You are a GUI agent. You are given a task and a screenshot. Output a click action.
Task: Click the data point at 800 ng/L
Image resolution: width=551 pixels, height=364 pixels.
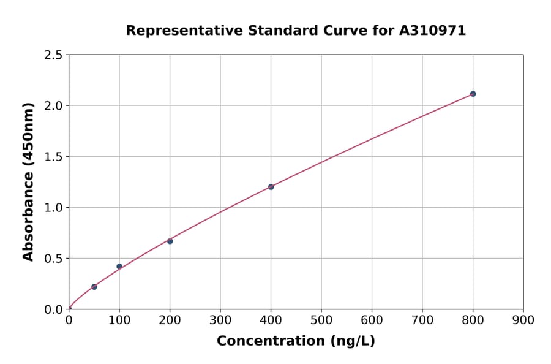point(473,94)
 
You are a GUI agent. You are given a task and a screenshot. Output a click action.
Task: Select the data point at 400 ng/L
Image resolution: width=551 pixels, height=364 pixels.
point(271,187)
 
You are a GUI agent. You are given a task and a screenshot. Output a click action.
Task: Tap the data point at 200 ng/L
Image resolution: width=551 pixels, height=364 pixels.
point(170,241)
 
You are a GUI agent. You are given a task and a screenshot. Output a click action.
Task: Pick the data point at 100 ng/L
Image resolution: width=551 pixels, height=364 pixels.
point(119,267)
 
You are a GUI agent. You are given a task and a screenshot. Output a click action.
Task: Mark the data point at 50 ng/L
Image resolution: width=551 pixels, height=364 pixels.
point(94,287)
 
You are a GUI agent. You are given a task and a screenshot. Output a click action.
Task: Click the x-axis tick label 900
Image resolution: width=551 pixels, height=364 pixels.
point(523,320)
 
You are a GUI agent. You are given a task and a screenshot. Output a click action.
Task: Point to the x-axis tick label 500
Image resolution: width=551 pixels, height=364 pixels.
point(321,320)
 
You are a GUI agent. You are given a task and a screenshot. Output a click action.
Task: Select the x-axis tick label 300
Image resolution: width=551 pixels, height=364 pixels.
point(220,320)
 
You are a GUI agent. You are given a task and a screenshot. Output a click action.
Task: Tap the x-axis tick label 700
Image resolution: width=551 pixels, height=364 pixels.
point(422,320)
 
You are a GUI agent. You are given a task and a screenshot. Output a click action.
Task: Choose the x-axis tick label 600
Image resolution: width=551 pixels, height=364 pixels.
point(372,320)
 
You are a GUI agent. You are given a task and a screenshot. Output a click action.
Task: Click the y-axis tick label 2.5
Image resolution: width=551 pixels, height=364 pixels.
point(53,55)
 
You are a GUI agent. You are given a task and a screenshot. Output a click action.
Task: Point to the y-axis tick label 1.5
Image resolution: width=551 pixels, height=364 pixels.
point(53,157)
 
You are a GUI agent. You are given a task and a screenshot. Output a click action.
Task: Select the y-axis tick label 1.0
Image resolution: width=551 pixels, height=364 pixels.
point(53,208)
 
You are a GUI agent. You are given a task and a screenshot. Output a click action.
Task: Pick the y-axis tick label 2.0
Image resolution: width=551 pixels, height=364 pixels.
point(53,106)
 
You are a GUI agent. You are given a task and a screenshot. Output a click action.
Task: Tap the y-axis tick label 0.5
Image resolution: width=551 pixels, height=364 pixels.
point(53,259)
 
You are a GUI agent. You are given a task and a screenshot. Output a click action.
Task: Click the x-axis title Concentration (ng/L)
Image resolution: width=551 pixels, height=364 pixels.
point(296,341)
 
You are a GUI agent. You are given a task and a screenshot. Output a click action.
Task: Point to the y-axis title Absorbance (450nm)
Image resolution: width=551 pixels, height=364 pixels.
point(28,181)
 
